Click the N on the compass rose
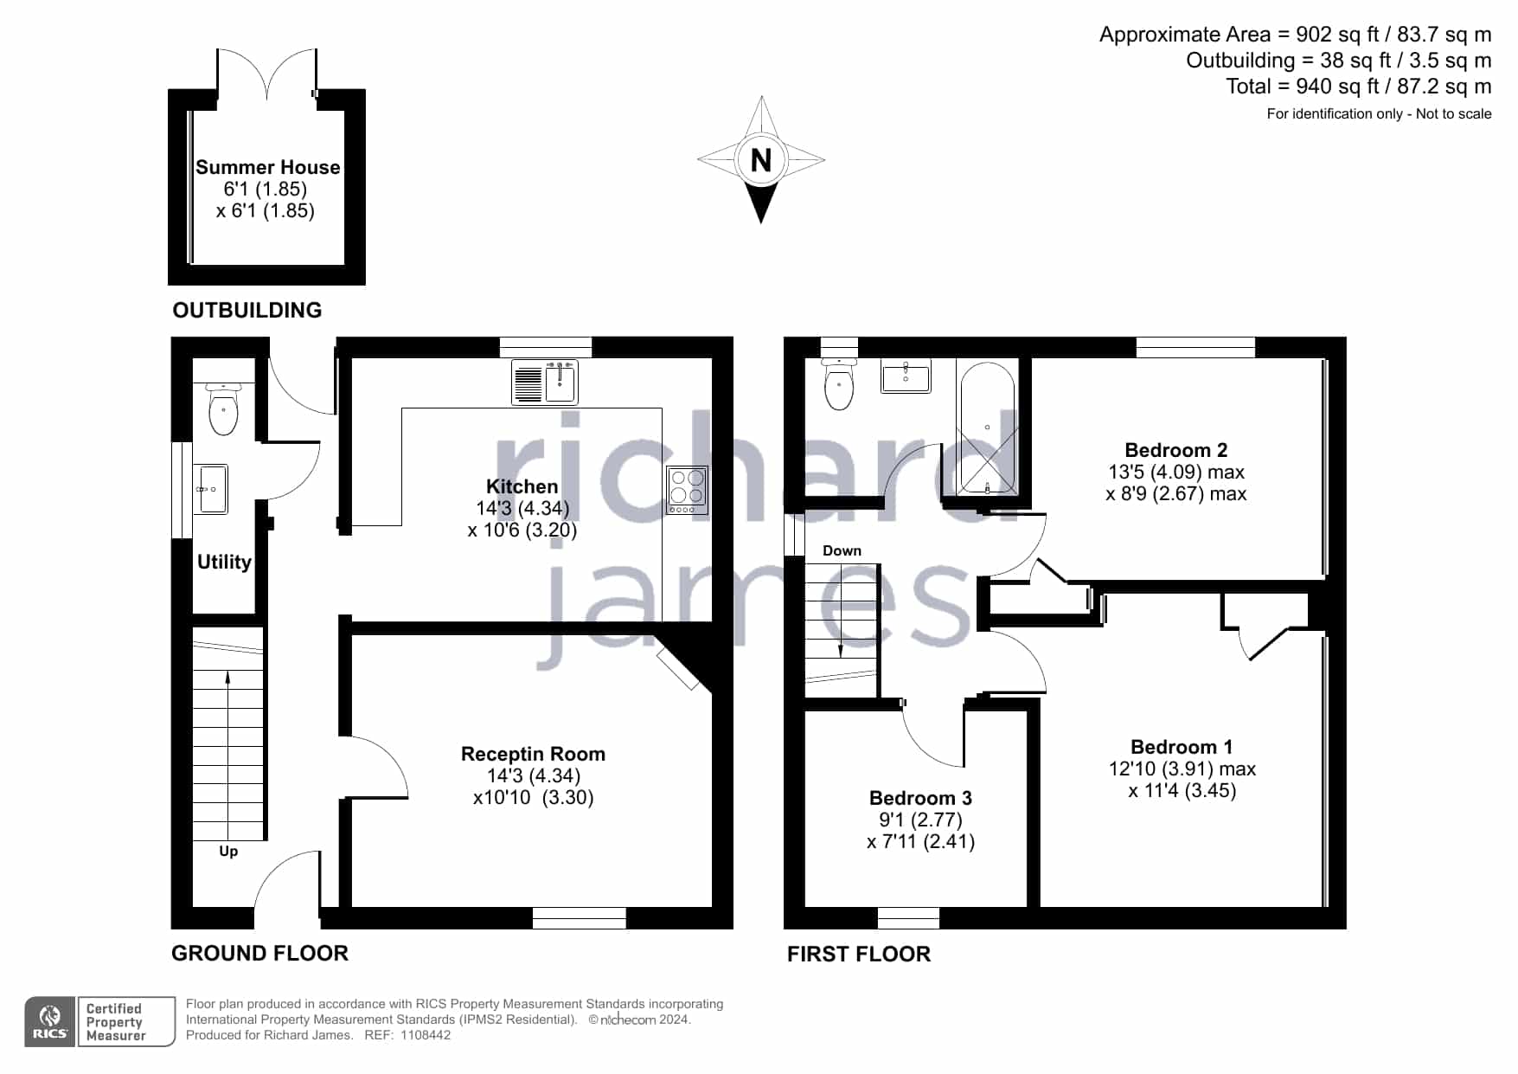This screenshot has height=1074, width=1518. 760,160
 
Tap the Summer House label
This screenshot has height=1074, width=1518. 268,167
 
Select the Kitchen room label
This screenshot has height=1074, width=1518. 522,486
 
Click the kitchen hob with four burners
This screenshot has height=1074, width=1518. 688,491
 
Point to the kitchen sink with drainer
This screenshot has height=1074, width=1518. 545,383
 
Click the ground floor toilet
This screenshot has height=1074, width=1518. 224,408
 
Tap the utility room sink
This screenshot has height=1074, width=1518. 210,489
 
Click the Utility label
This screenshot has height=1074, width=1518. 224,562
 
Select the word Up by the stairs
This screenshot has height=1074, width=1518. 228,851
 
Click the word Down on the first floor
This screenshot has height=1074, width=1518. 842,550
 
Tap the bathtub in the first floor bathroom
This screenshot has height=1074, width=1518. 987,428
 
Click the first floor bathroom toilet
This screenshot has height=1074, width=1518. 839,383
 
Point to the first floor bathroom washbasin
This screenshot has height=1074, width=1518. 906,377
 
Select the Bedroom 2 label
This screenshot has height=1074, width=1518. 1176,450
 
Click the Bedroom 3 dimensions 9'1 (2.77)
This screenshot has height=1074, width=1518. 920,820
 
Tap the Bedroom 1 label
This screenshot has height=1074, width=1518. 1182,747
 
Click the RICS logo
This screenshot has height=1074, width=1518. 51,1022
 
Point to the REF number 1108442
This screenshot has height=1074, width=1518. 425,1035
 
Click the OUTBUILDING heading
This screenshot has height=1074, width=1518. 247,310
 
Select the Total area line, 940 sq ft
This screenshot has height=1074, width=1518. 1358,87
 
